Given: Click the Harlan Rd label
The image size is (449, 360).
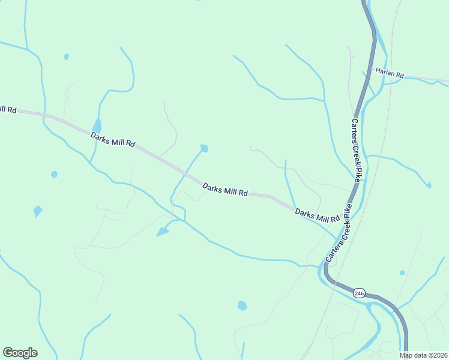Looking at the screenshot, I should tap(390, 73).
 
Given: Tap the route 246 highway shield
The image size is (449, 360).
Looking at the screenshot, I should tap(359, 293).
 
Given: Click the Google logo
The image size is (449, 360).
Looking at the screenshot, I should tap(20, 353).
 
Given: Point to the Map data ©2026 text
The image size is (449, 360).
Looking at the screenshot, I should tap(423, 355).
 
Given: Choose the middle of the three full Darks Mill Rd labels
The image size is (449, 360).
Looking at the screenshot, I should tap(225, 190).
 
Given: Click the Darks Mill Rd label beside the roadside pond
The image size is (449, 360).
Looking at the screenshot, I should tap(113, 140).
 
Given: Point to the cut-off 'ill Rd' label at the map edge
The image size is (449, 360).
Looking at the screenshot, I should tap(8, 110).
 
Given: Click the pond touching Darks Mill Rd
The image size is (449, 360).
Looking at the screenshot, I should tap(97, 125).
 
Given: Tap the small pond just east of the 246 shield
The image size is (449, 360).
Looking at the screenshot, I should tap(402, 273).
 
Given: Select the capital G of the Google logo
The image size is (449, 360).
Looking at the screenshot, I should tap(8, 352).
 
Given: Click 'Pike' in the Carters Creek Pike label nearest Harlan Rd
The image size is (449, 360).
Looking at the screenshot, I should tap(358, 173).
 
